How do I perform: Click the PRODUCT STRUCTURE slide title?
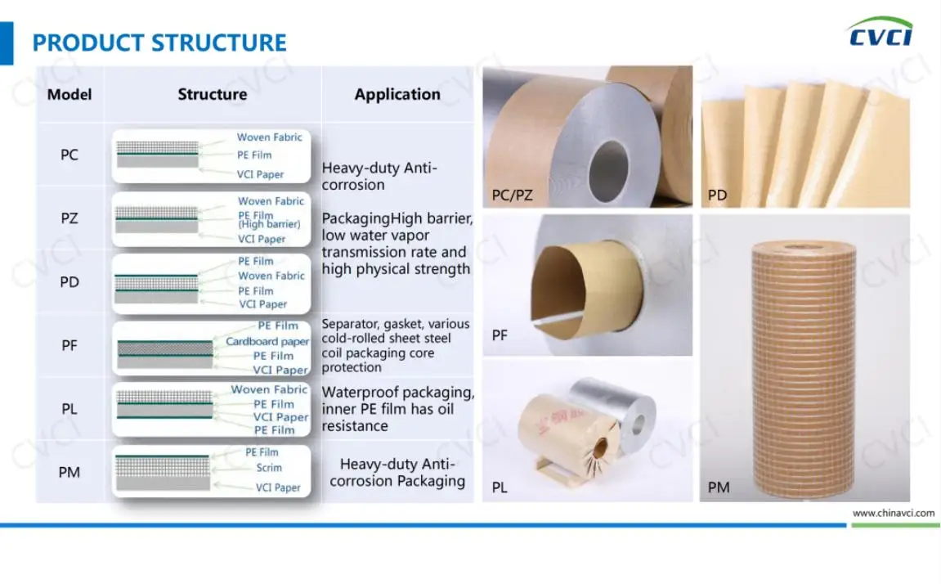click(x=159, y=43)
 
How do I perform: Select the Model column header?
click(x=69, y=94)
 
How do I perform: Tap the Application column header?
click(x=397, y=94)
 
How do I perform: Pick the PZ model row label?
click(x=69, y=218)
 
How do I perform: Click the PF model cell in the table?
click(x=69, y=345)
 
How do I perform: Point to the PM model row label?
click(x=69, y=472)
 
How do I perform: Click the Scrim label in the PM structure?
click(x=269, y=468)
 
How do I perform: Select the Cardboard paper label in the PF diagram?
click(x=267, y=341)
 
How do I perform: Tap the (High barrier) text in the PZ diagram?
click(x=269, y=224)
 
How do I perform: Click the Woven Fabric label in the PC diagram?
click(x=269, y=137)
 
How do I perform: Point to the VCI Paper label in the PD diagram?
click(x=262, y=304)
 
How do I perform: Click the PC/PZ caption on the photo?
click(x=512, y=195)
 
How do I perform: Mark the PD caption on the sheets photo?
click(x=717, y=195)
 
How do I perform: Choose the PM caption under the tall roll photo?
click(x=719, y=488)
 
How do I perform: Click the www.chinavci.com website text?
click(x=893, y=513)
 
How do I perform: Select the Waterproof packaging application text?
click(x=397, y=393)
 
